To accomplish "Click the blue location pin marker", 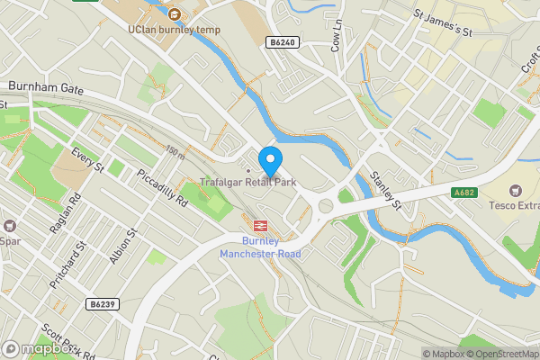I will (269, 161).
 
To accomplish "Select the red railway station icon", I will (261, 227).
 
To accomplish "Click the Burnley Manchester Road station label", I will (260, 247).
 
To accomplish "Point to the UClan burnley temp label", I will (174, 29).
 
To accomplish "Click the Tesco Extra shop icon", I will (516, 190).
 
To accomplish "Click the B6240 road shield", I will (282, 41).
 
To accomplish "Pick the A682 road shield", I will (465, 192).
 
